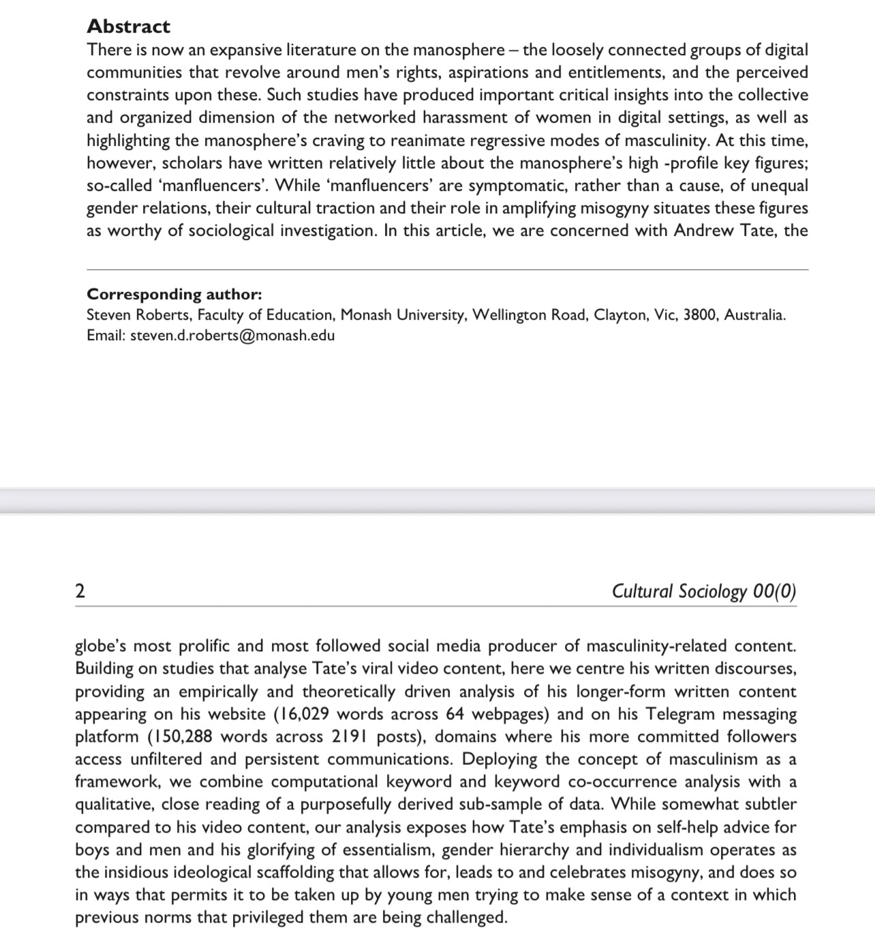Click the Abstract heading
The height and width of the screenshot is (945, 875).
tap(128, 27)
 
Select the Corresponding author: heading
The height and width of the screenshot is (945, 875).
tap(174, 295)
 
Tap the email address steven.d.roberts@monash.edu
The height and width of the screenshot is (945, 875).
tap(232, 335)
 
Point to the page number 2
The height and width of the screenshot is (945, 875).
tap(80, 591)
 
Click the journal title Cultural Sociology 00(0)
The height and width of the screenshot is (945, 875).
tap(703, 591)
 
